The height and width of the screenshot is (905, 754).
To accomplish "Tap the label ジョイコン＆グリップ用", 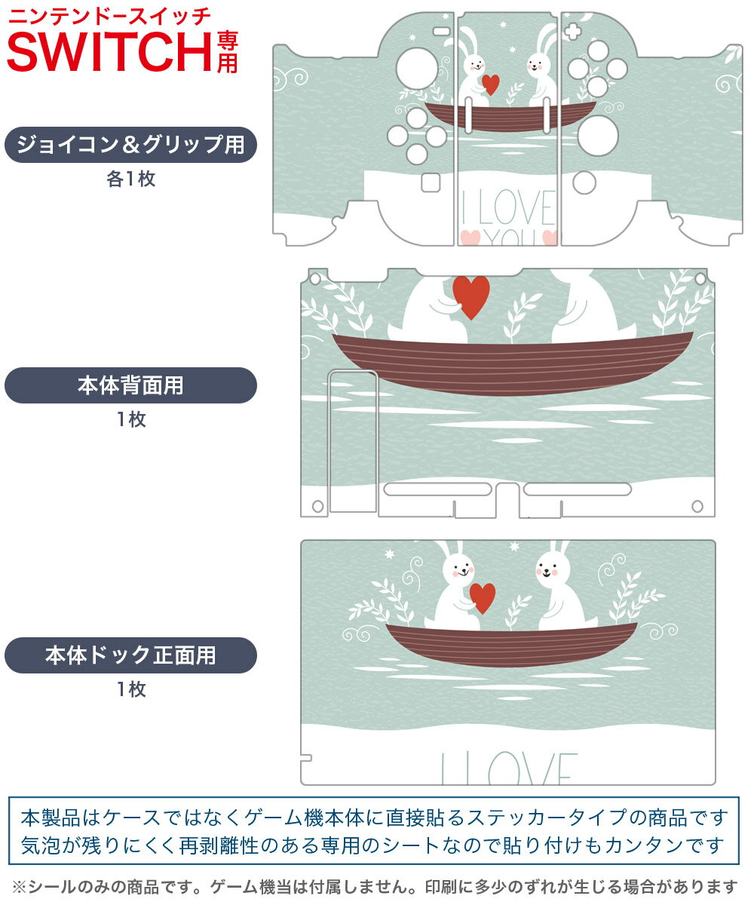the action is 130,145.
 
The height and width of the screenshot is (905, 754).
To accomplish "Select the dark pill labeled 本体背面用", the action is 130,385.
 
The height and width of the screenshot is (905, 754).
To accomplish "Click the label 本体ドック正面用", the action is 130,655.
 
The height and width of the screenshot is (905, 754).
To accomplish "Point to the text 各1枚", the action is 131,179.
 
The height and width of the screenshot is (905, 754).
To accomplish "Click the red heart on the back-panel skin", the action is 471,297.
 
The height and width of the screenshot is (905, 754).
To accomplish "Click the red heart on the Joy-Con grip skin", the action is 491,84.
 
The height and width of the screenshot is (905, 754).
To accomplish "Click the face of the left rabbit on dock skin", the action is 461,569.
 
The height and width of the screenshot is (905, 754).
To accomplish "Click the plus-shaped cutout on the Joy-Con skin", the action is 572,32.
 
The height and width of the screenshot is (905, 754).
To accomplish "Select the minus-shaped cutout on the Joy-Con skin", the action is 442,32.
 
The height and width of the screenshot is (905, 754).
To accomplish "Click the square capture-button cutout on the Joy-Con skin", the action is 431,183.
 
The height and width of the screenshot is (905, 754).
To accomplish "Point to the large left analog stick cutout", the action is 416,69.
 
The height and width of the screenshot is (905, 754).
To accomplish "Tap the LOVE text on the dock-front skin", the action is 509,768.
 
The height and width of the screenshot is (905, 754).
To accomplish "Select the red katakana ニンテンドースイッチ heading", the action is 109,17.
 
